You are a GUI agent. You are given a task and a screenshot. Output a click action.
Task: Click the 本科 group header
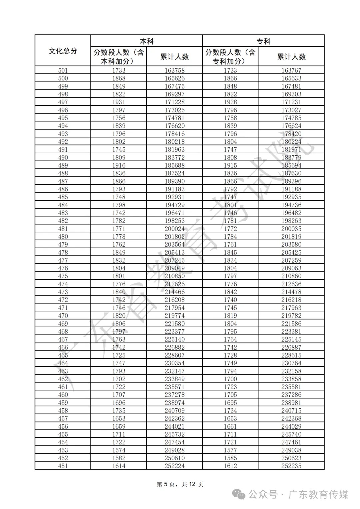pyautogui.click(x=147, y=41)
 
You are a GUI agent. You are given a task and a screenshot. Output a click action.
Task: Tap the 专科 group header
pyautogui.click(x=263, y=41)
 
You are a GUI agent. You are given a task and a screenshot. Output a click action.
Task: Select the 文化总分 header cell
pyautogui.click(x=63, y=51)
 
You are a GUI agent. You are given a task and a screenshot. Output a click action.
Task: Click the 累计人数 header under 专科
pyautogui.click(x=291, y=57)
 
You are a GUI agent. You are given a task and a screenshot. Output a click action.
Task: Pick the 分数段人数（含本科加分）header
pyautogui.click(x=119, y=57)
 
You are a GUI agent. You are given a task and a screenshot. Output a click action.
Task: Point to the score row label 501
pyautogui.click(x=63, y=70)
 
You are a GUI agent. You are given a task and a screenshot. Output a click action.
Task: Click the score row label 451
pyautogui.click(x=63, y=466)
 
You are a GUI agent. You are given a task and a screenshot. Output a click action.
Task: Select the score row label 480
pyautogui.click(x=63, y=236)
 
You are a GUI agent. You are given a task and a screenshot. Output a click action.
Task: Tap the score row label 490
pyautogui.click(x=63, y=157)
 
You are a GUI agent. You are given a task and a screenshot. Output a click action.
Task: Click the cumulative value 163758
pyautogui.click(x=174, y=70)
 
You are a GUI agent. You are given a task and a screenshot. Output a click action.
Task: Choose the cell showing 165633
pyautogui.click(x=291, y=78)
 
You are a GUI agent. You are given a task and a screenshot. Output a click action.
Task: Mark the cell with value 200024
pyautogui.click(x=174, y=229)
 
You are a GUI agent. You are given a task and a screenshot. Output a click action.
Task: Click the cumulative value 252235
pyautogui.click(x=291, y=466)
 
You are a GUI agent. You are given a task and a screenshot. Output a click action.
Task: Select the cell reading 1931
pyautogui.click(x=119, y=102)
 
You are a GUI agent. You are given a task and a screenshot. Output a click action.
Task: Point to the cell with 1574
pyautogui.click(x=119, y=450)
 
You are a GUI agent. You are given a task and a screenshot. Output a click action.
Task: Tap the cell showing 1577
pyautogui.click(x=230, y=450)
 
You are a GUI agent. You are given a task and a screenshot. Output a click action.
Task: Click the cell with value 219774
pyautogui.click(x=174, y=316)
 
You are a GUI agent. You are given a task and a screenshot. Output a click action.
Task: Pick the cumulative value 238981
pyautogui.click(x=291, y=403)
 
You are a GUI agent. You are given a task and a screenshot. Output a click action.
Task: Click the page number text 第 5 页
pyautogui.click(x=166, y=484)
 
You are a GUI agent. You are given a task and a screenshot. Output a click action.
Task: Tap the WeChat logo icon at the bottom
pyautogui.click(x=239, y=494)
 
